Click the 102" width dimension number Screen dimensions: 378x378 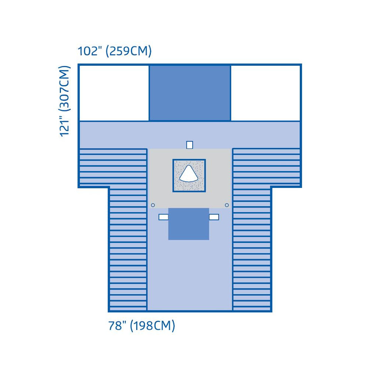[90, 51]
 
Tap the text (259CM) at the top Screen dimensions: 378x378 [129, 51]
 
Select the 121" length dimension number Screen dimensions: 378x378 [65, 127]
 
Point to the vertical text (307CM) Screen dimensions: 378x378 [65, 88]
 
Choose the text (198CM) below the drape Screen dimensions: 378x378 [152, 326]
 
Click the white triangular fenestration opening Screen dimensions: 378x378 [189, 173]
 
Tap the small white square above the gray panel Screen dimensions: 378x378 [189, 145]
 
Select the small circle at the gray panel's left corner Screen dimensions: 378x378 [153, 205]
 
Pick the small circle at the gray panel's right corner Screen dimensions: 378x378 [227, 205]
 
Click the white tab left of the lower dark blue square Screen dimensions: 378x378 [164, 217]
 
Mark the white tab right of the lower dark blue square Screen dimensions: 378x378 [214, 217]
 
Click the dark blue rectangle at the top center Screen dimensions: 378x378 [190, 93]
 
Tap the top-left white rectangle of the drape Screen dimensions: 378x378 [114, 93]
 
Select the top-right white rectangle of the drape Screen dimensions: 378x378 [265, 93]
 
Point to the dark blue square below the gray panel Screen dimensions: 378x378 [189, 224]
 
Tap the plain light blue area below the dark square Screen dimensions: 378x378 [190, 275]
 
